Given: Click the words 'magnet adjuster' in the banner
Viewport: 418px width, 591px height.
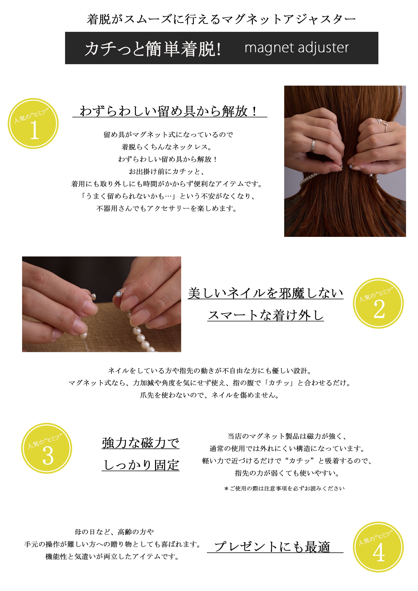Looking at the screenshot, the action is (297, 48).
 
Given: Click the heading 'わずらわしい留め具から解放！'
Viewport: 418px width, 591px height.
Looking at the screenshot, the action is (169, 111).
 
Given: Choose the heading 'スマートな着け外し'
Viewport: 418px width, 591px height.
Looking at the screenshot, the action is (265, 315).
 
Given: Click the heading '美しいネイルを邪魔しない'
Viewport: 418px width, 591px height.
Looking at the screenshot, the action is (265, 293).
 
